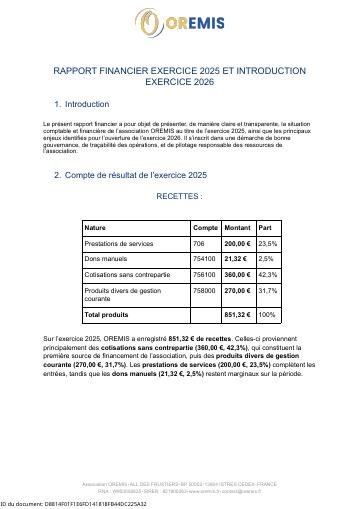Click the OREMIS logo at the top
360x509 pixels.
click(180, 20)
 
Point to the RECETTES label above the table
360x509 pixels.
click(180, 197)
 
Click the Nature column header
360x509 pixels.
click(96, 227)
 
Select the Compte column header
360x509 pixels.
click(204, 227)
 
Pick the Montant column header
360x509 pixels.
click(237, 227)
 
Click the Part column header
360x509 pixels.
click(265, 227)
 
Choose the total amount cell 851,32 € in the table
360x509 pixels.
click(237, 314)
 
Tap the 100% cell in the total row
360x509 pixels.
click(267, 314)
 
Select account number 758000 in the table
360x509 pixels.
click(204, 290)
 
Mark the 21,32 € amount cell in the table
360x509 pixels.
click(235, 258)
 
